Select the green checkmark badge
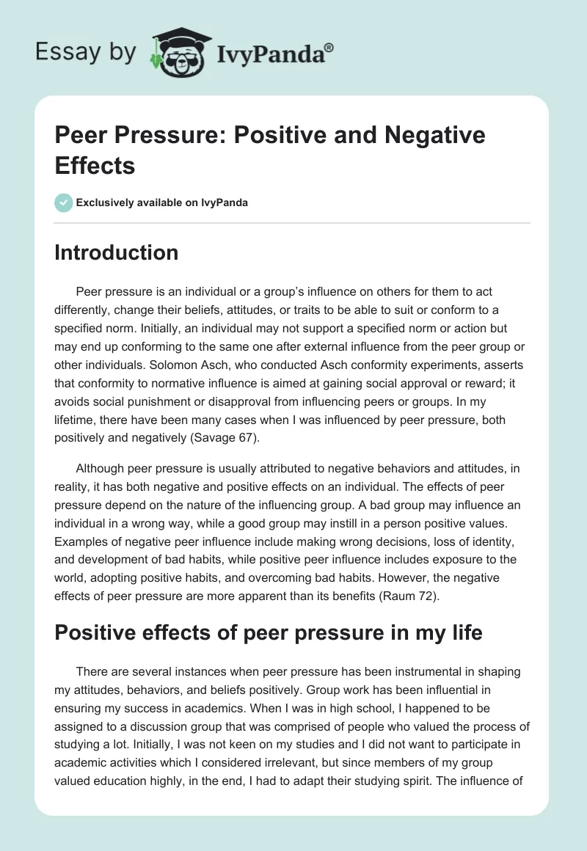(64, 202)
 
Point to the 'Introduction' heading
(117, 253)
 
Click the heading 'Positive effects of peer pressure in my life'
(269, 633)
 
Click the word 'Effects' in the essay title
(95, 166)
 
